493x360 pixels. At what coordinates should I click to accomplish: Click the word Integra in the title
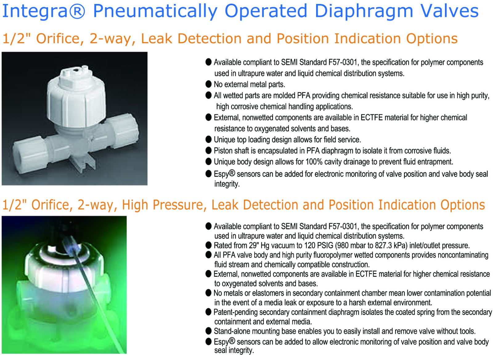point(35,11)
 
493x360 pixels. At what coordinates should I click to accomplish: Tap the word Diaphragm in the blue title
point(364,11)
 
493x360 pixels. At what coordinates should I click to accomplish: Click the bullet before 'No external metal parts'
point(208,84)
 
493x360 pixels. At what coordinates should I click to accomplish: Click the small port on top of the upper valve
point(75,71)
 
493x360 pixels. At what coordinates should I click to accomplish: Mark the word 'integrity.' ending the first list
point(227,184)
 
